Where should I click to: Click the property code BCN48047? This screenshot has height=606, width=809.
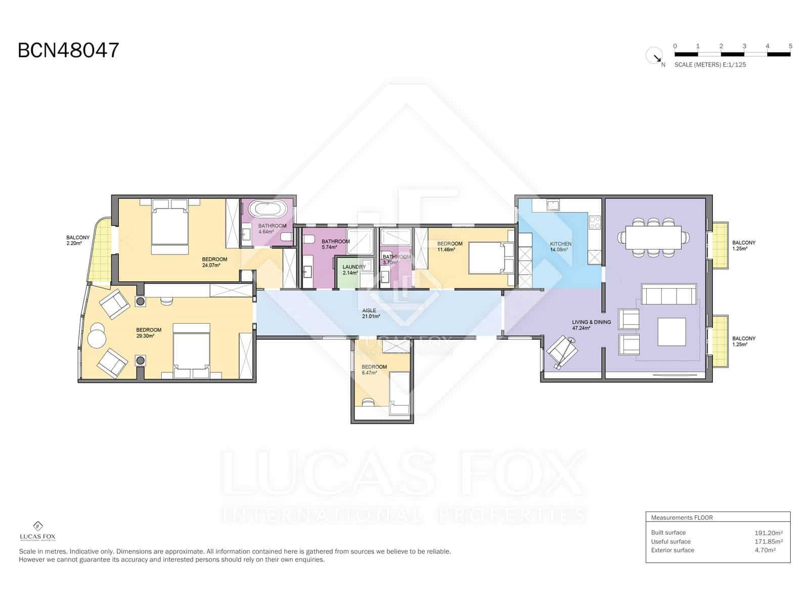68,50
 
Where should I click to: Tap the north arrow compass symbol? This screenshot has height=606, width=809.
654,56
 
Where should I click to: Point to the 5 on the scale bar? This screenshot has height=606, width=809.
790,46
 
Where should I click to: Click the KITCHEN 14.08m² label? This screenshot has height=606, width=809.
561,246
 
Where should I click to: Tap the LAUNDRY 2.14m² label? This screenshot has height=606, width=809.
353,270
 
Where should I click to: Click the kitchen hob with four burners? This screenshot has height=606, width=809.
594,223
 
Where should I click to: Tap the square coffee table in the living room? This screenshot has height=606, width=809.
671,331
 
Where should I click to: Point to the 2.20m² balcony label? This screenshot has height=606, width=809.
78,240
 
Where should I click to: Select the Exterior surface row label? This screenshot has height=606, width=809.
672,550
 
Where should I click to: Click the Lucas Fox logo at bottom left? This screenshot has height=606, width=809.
37,530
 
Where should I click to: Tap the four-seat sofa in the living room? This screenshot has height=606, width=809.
667,294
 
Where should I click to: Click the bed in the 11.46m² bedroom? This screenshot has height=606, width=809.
488,258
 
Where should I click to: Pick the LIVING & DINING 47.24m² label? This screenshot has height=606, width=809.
591,325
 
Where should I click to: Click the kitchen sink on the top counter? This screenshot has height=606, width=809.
553,205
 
